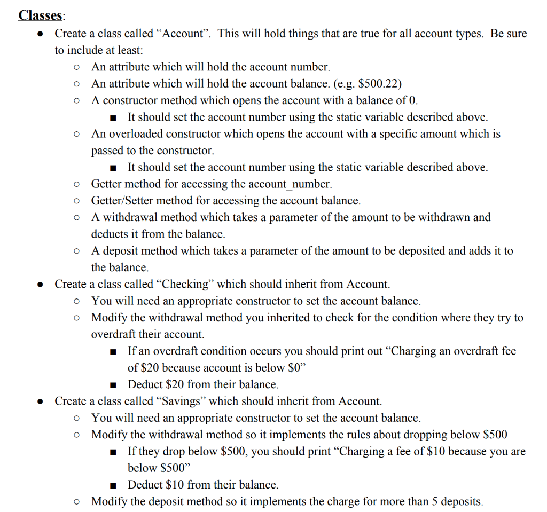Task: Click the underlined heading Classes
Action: (40, 15)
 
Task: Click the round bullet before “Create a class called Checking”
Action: (40, 285)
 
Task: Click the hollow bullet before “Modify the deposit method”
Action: (77, 502)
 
